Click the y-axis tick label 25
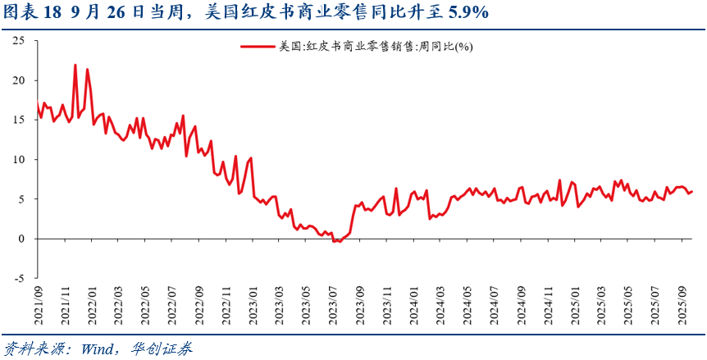17,41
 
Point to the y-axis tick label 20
17,80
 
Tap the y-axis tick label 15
17,120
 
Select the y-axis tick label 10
17,159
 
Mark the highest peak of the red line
75,65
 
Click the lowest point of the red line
336,241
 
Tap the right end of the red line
692,191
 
